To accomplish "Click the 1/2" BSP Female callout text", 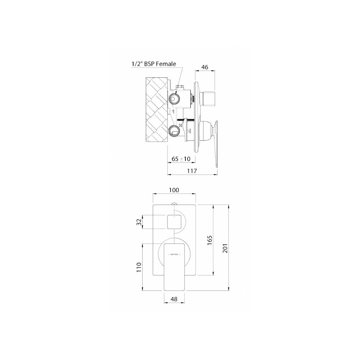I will [154, 64].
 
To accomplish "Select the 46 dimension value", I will [205, 67].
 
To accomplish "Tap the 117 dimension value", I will [192, 171].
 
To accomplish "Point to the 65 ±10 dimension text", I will [181, 159].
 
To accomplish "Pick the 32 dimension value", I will [139, 222].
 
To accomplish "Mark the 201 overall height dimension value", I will [225, 247].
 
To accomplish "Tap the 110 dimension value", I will [139, 267].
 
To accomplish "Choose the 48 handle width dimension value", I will [174, 299].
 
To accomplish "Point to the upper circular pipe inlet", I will [174, 98].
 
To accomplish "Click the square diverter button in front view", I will [174, 221].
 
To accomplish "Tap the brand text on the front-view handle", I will [174, 254].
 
